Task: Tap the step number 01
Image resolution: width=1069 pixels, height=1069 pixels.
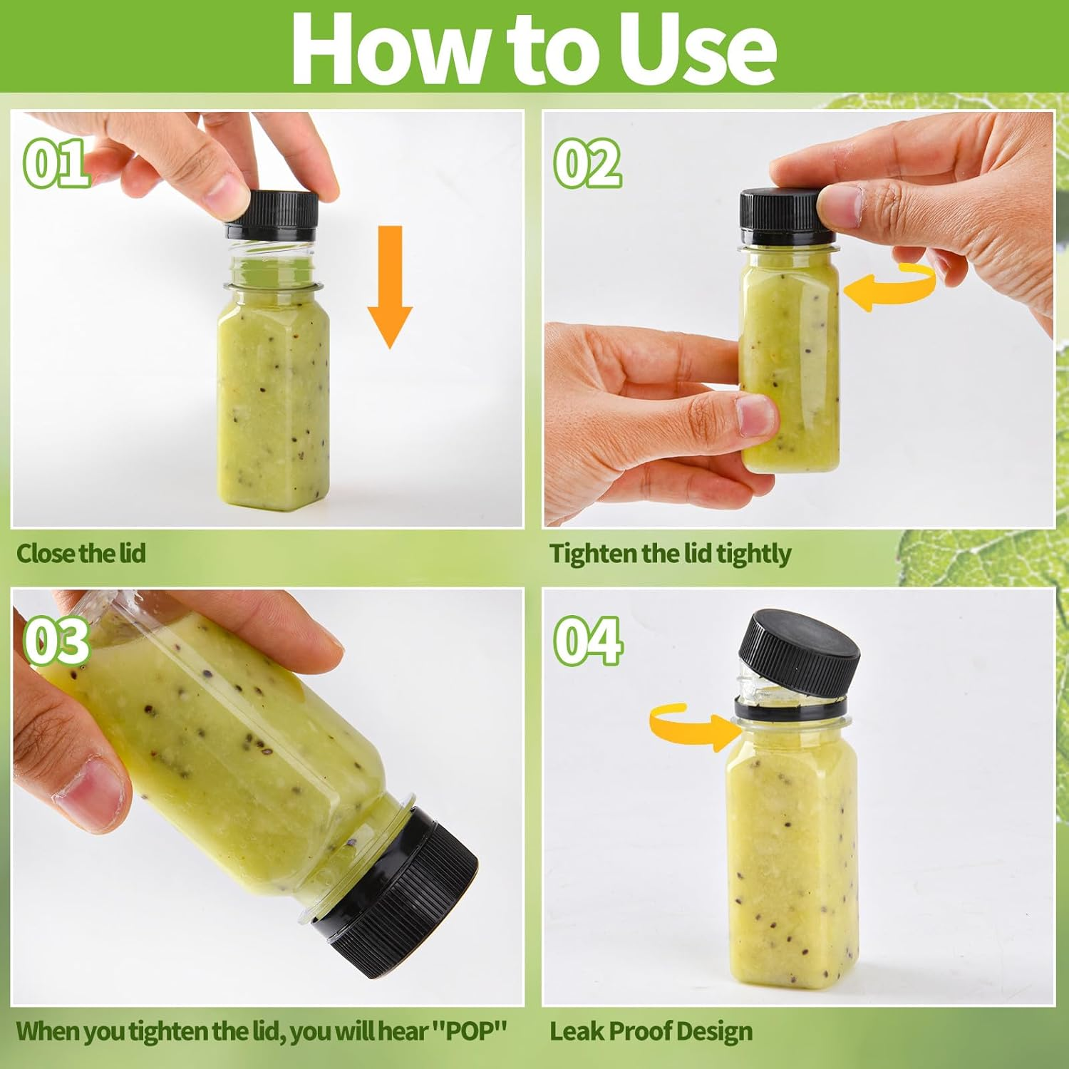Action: pos(57,163)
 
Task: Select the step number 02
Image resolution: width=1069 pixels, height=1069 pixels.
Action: pos(587,163)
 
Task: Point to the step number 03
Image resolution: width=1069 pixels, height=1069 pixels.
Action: pos(57,641)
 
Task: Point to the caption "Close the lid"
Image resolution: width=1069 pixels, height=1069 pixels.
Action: pos(81,553)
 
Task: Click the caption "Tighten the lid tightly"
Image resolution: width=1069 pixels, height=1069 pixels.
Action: pos(670,554)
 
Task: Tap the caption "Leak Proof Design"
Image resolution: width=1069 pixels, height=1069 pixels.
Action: pos(651,1031)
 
